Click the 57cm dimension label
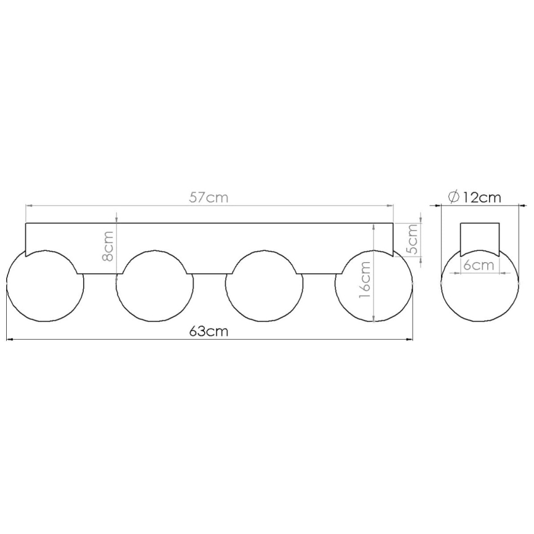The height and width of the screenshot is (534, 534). (x=209, y=197)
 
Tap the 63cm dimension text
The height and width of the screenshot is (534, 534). (x=209, y=331)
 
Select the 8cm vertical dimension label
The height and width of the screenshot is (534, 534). (x=108, y=245)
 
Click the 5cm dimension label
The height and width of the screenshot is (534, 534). (x=412, y=239)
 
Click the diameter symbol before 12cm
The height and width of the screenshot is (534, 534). (x=453, y=197)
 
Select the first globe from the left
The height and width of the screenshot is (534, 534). (x=44, y=286)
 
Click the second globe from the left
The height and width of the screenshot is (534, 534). (x=154, y=286)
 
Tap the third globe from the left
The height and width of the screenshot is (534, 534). (x=264, y=286)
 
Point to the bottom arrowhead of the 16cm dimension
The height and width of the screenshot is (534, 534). (x=374, y=318)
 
